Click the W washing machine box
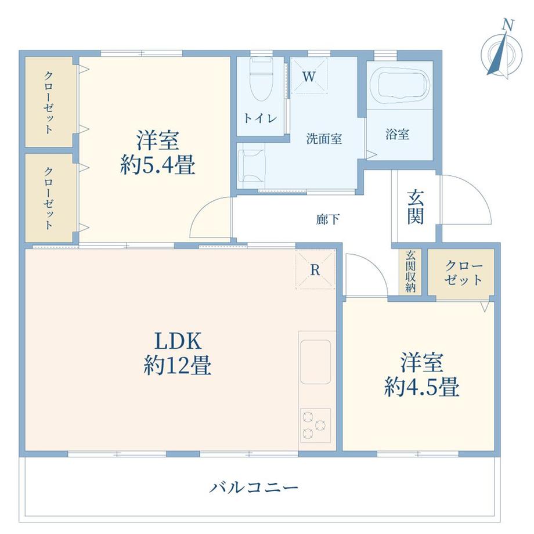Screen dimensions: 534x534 tap(308, 75)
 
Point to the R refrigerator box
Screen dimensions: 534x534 tap(315, 269)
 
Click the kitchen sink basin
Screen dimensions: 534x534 tap(315, 360)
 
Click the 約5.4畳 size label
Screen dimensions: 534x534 tap(157, 167)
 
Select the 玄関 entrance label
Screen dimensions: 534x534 tap(414, 207)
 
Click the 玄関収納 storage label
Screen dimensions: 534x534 tap(411, 271)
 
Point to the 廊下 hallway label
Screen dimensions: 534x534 tap(328, 219)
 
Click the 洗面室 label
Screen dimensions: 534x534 tap(324, 139)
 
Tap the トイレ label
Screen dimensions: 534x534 tap(259, 118)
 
